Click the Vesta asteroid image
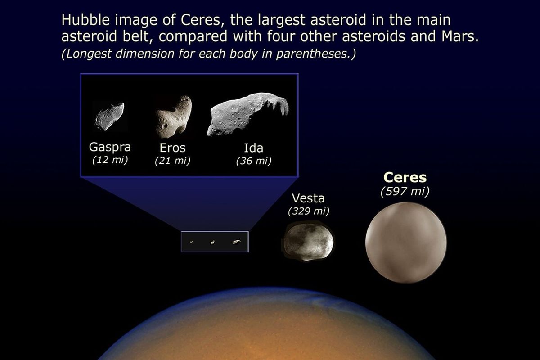click(308, 242)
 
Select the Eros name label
click(172, 148)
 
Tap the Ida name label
click(253, 148)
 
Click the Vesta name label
click(308, 198)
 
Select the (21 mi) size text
click(172, 161)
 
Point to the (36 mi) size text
click(253, 161)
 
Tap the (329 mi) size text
click(308, 211)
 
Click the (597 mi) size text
click(405, 191)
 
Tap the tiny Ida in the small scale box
click(236, 242)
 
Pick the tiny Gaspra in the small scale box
click(192, 242)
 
